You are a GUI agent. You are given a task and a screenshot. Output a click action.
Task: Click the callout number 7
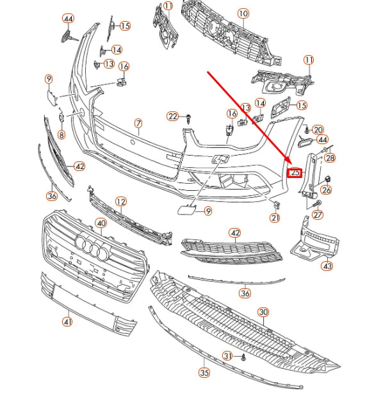pyautogui.click(x=138, y=124)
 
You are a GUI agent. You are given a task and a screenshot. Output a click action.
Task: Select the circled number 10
pyautogui.click(x=243, y=13)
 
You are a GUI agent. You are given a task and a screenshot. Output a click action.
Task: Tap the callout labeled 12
pyautogui.click(x=121, y=202)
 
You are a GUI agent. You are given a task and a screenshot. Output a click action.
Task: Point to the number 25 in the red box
pyautogui.click(x=295, y=173)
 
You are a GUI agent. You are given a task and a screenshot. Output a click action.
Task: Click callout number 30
pyautogui.click(x=263, y=312)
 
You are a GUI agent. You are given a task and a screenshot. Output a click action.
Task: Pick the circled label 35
pyautogui.click(x=204, y=373)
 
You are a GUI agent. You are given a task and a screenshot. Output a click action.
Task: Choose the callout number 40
pyautogui.click(x=101, y=223)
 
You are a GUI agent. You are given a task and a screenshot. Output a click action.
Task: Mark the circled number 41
pyautogui.click(x=68, y=321)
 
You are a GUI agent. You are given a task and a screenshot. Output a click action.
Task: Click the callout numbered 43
pyautogui.click(x=327, y=266)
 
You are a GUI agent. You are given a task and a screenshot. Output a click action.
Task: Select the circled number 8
pyautogui.click(x=61, y=135)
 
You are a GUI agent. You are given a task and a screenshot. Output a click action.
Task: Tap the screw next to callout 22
pyautogui.click(x=188, y=119)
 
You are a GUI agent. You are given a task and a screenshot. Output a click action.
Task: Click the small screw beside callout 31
pyautogui.click(x=243, y=357)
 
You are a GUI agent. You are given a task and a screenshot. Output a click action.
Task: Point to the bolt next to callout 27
pyautogui.click(x=317, y=204)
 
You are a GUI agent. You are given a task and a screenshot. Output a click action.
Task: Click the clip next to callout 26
pyautogui.click(x=327, y=179)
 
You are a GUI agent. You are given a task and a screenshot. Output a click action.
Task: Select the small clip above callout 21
pyautogui.click(x=276, y=204)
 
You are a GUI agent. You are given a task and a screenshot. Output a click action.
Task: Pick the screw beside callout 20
pyautogui.click(x=307, y=129)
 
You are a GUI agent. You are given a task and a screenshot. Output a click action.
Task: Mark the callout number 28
pyautogui.click(x=330, y=158)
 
